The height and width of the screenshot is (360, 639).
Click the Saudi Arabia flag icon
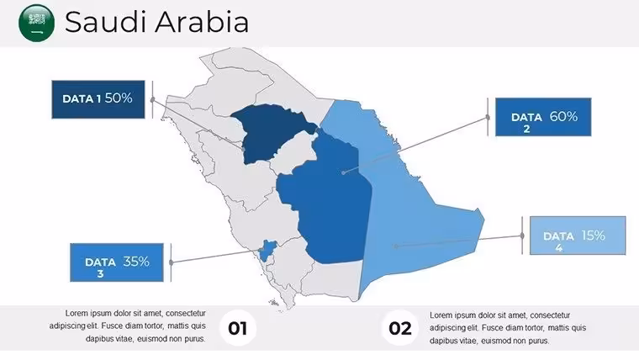(x=37, y=23)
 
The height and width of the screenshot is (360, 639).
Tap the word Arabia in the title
(x=202, y=22)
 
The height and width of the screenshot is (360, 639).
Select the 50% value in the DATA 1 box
(x=119, y=98)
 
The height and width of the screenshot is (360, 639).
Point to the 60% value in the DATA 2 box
(x=563, y=117)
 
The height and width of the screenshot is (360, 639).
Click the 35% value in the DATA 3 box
(x=136, y=262)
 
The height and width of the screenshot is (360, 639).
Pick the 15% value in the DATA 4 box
(x=593, y=236)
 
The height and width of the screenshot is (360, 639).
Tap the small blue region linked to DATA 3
(x=267, y=250)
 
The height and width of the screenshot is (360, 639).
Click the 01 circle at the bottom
(x=238, y=328)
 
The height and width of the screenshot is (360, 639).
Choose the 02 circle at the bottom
(x=400, y=328)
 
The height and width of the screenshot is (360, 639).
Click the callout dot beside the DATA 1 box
(x=153, y=99)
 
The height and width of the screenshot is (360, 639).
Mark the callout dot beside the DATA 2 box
(x=488, y=118)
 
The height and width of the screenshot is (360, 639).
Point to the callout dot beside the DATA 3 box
(x=172, y=262)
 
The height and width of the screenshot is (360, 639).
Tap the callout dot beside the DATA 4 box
(x=522, y=236)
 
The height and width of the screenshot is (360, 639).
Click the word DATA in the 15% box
(x=558, y=236)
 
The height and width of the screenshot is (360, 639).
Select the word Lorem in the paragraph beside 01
(x=76, y=314)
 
